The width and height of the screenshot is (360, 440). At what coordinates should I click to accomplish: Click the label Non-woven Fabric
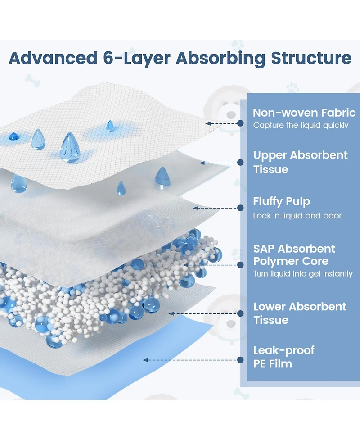pos(304,113)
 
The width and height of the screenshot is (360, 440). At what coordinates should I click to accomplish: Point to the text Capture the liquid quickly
pos(301,126)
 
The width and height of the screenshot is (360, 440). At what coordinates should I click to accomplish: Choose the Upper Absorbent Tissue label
pos(300,162)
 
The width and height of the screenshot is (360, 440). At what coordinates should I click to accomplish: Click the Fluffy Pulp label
pos(282,201)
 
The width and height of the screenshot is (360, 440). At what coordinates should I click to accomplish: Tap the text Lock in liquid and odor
pos(297,216)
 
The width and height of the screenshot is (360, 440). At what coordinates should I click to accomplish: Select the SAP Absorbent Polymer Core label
pos(294,255)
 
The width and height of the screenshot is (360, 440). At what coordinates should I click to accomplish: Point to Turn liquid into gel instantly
pos(306,274)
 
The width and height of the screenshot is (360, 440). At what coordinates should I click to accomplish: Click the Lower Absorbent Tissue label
pos(300,313)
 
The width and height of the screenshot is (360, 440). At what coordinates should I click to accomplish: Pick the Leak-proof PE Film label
pos(283,357)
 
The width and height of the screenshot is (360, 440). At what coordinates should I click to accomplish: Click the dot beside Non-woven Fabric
pos(241,122)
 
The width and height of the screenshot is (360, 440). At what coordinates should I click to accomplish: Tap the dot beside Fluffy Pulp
pos(241,208)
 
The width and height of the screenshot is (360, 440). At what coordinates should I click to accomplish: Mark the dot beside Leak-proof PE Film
pos(241,359)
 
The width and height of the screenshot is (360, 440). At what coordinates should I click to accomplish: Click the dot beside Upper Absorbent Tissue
pos(241,163)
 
